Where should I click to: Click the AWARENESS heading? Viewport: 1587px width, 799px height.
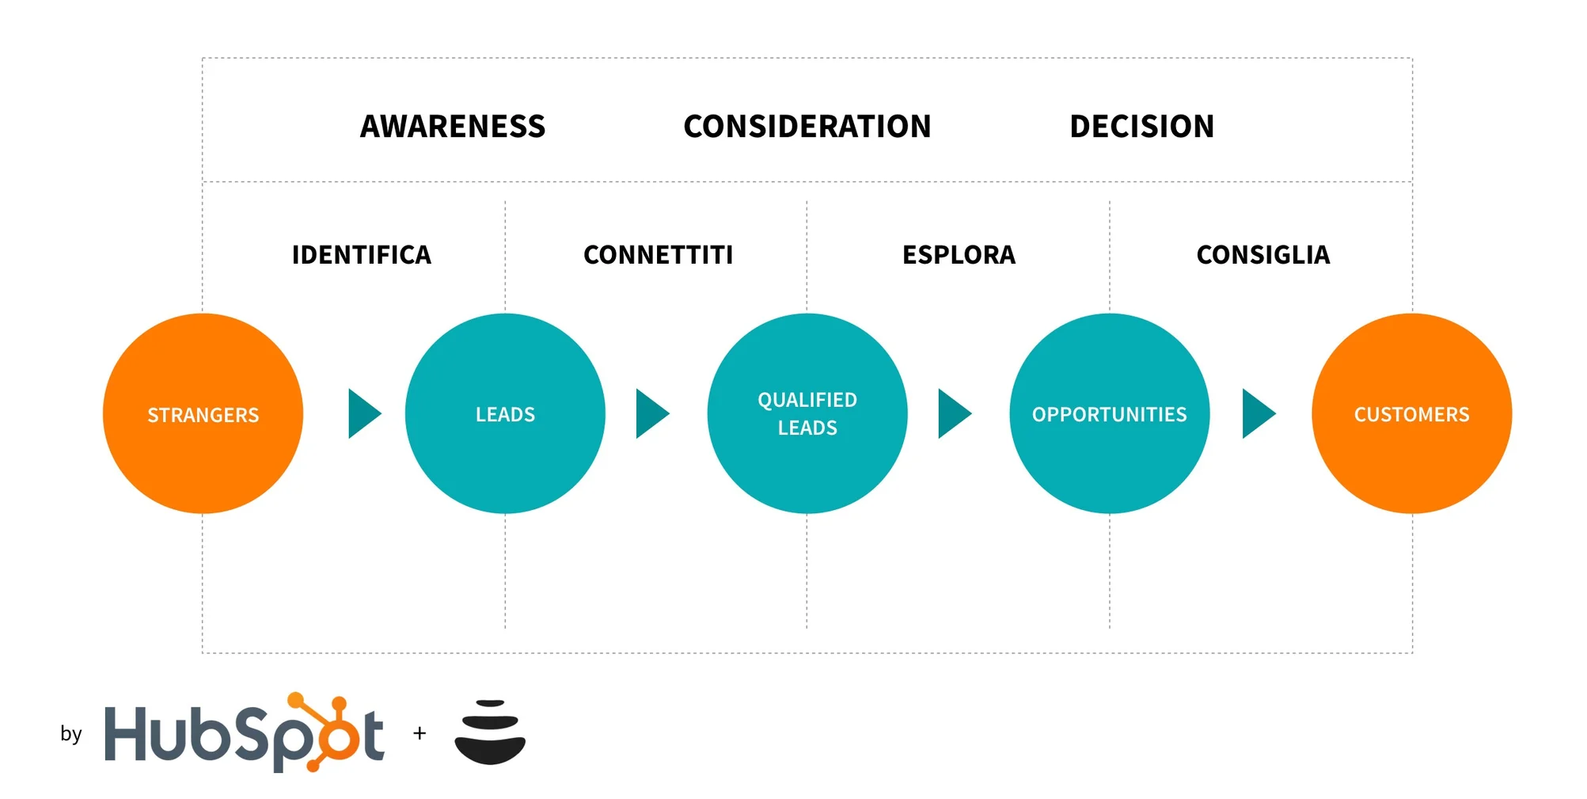pos(453,127)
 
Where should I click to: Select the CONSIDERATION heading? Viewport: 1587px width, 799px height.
pos(807,127)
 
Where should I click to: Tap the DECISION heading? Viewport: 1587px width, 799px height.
pos(1141,127)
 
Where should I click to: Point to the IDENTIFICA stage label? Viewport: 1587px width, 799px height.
pos(362,255)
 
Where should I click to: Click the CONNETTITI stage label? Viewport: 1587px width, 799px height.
pos(658,255)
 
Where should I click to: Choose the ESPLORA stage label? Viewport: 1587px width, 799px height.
pos(959,255)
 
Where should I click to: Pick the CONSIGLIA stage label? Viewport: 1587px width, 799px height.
pos(1262,255)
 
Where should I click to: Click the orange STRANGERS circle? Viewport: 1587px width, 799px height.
pos(203,413)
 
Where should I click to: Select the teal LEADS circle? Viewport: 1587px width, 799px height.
pos(505,413)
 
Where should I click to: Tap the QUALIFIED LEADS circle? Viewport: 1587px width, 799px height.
pos(807,413)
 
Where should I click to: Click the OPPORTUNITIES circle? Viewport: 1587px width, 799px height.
pos(1109,413)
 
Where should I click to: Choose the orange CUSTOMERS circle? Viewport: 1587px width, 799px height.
pos(1411,413)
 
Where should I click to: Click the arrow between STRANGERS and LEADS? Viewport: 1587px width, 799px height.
pos(363,413)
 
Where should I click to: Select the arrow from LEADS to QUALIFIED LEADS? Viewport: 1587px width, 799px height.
pos(651,413)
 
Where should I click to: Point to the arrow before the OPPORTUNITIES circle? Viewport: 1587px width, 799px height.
pos(953,413)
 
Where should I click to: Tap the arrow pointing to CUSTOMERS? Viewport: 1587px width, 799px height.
pos(1257,413)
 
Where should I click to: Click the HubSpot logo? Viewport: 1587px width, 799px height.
pos(244,733)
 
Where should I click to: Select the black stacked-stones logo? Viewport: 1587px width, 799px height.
pos(490,732)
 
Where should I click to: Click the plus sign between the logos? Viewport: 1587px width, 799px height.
pos(420,733)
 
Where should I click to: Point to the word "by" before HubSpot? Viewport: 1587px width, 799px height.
pos(71,734)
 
